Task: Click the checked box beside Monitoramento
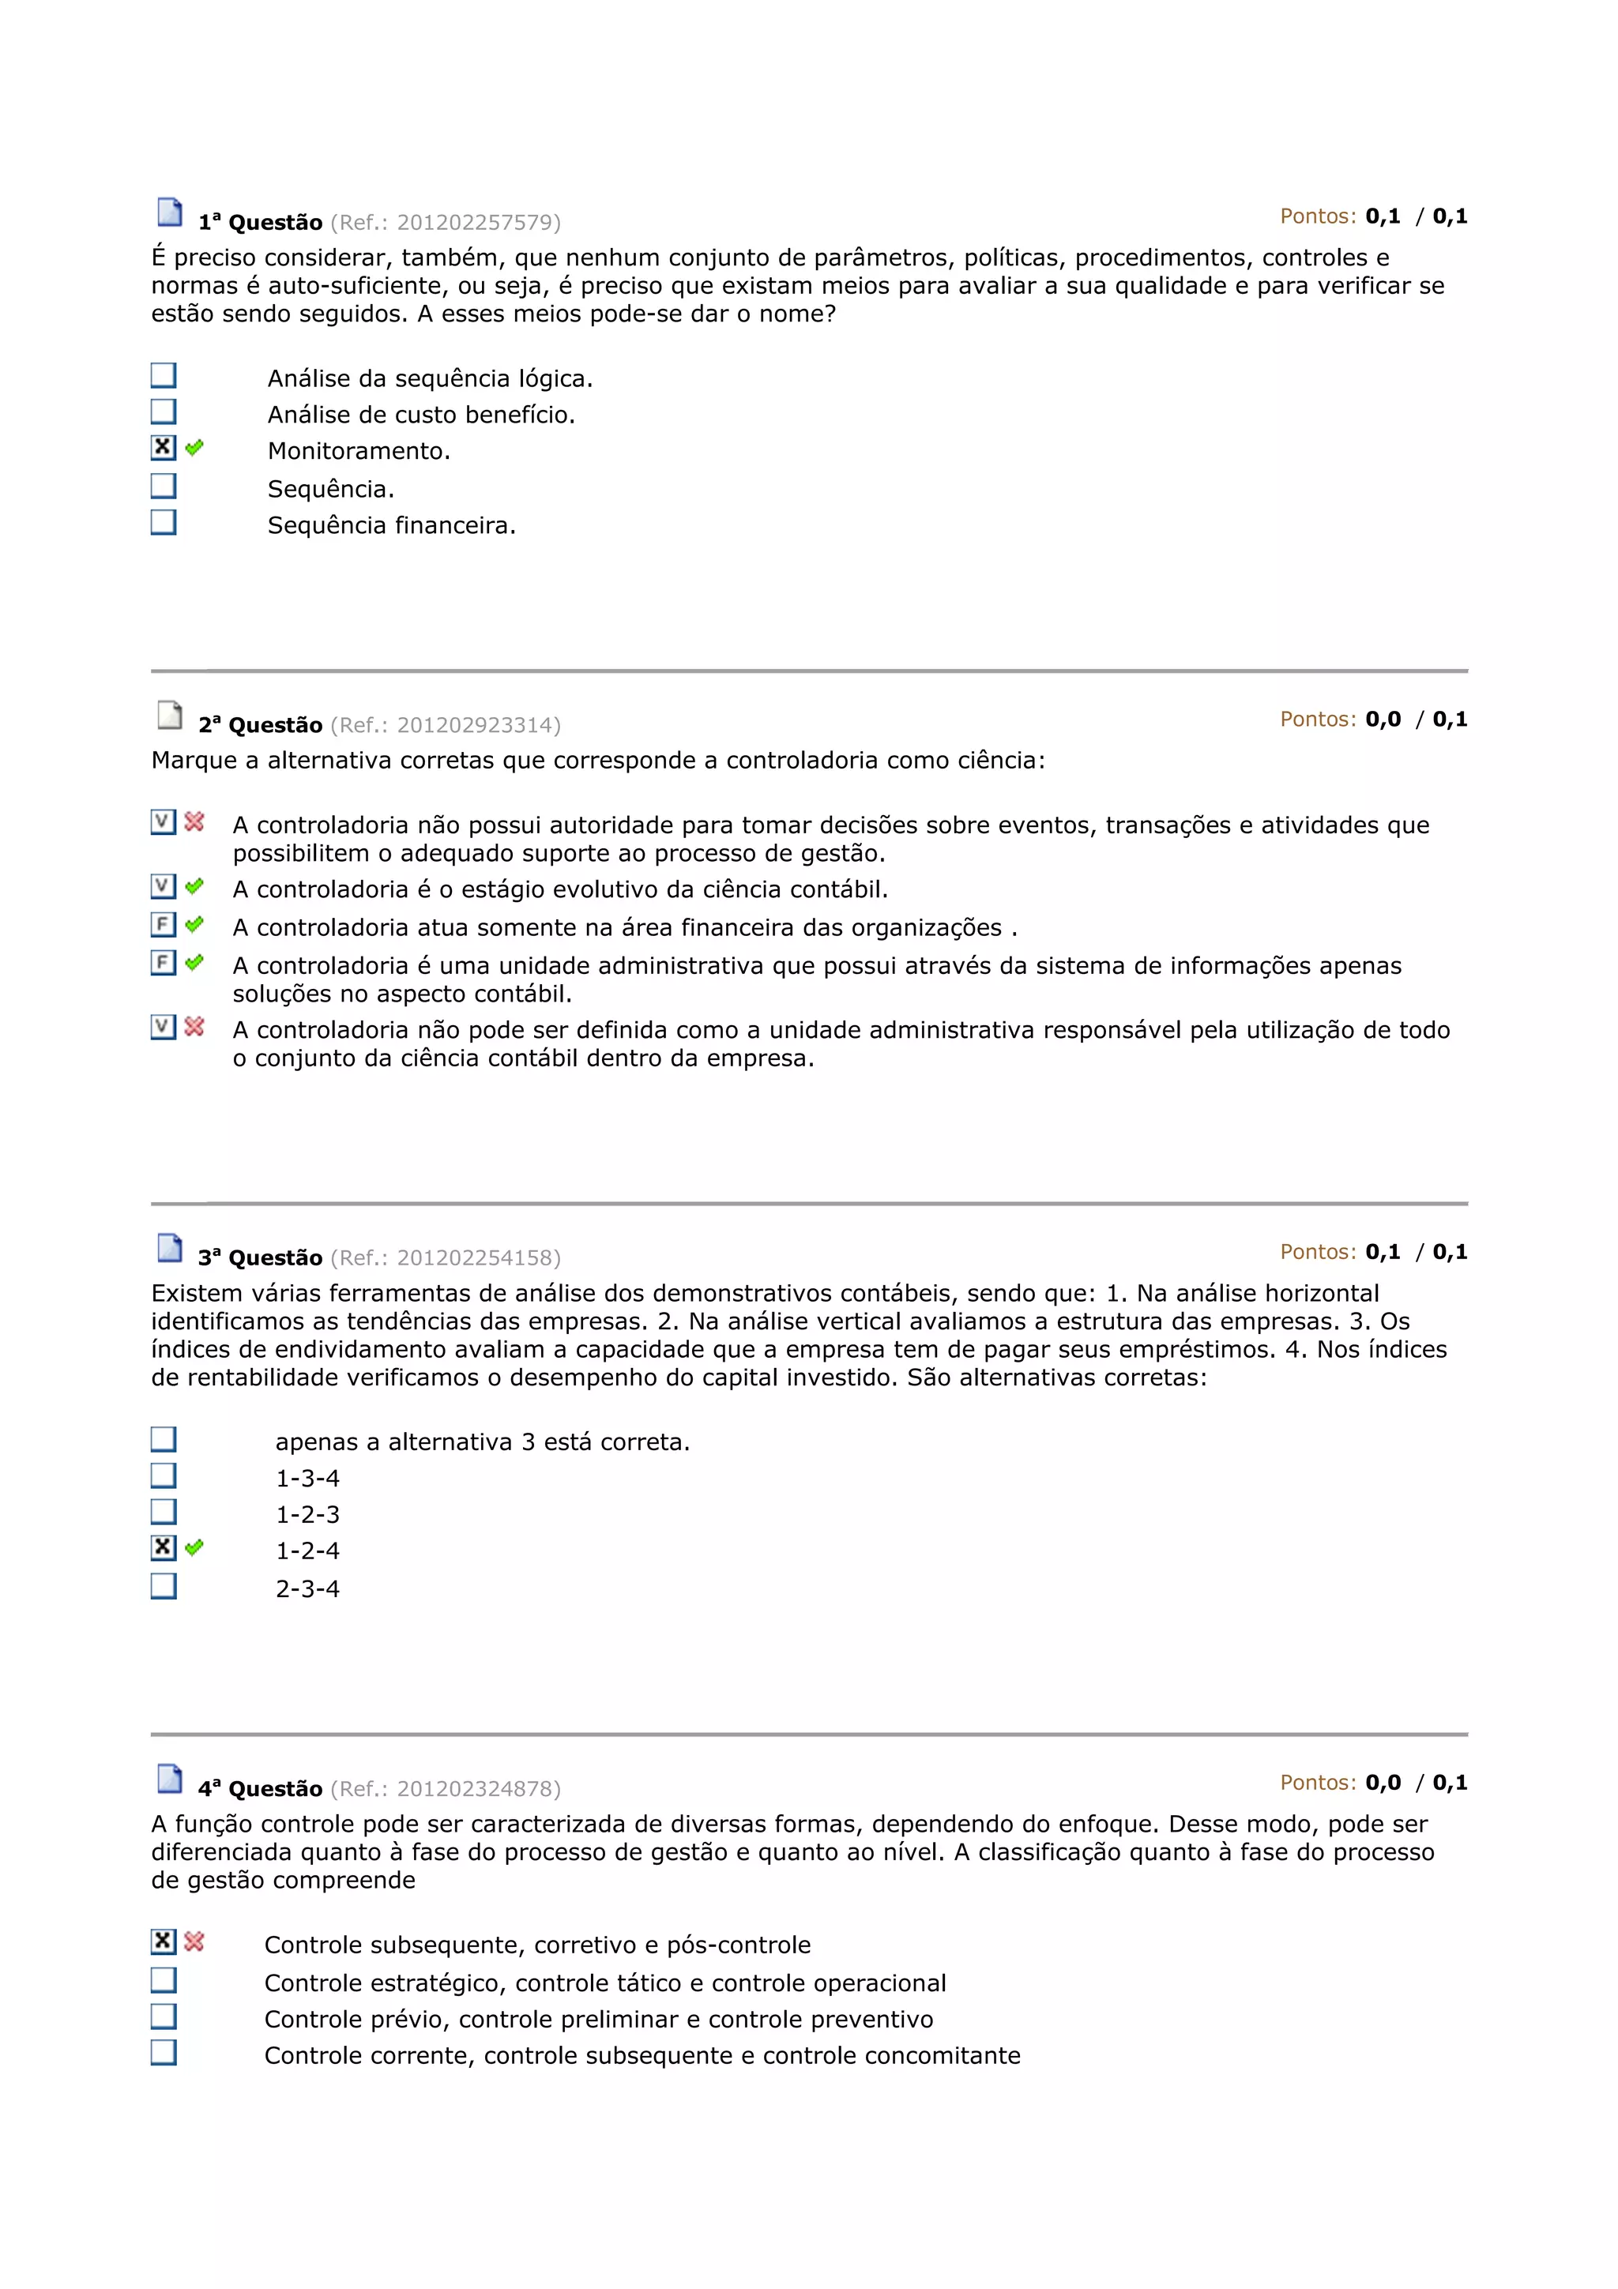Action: (x=164, y=448)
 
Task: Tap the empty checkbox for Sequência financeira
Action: (x=164, y=521)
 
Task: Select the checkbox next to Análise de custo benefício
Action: (x=164, y=411)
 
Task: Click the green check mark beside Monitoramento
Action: (x=194, y=448)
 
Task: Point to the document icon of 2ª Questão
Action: (x=171, y=715)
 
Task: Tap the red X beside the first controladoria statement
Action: (x=194, y=821)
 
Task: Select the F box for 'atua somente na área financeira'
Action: (x=164, y=924)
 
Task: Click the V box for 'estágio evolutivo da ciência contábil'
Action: (x=164, y=885)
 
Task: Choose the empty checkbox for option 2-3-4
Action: (x=164, y=1585)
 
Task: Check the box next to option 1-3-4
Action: (x=164, y=1475)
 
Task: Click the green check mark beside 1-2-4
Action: (x=194, y=1547)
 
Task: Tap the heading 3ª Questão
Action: (x=260, y=1257)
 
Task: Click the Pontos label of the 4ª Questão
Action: (x=1318, y=1783)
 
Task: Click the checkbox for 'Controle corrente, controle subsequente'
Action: (x=164, y=2052)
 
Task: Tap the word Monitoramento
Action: (x=359, y=451)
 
